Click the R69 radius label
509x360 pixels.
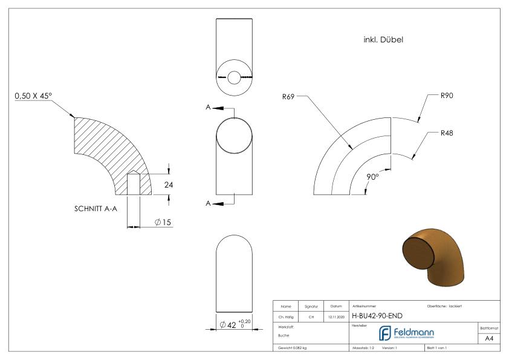[x=288, y=96]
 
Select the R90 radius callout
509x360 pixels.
[x=447, y=96]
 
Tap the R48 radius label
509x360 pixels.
[x=447, y=133]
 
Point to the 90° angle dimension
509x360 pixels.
[x=372, y=177]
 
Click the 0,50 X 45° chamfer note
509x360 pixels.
[x=33, y=96]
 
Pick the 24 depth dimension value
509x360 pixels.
[x=169, y=185]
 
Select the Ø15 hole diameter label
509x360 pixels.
[x=163, y=222]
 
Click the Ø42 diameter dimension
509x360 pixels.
[x=235, y=324]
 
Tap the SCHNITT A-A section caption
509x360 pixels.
[x=96, y=209]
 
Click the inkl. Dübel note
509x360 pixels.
[x=383, y=40]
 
